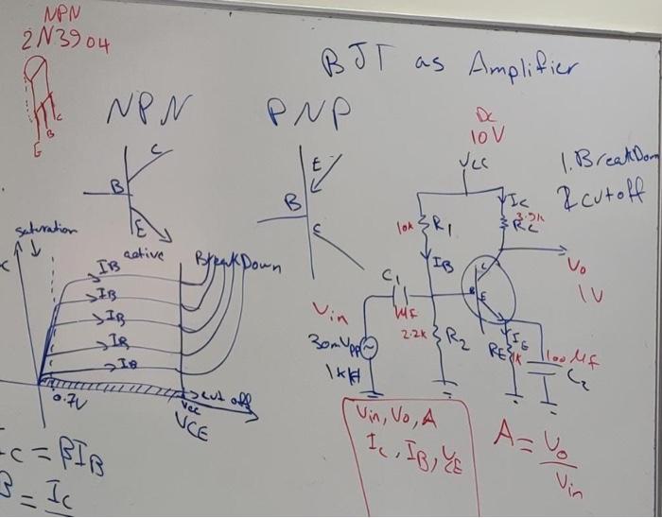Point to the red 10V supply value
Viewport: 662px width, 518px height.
(x=487, y=134)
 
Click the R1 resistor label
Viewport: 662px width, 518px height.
(x=443, y=227)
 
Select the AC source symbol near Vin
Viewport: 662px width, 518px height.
(x=369, y=349)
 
